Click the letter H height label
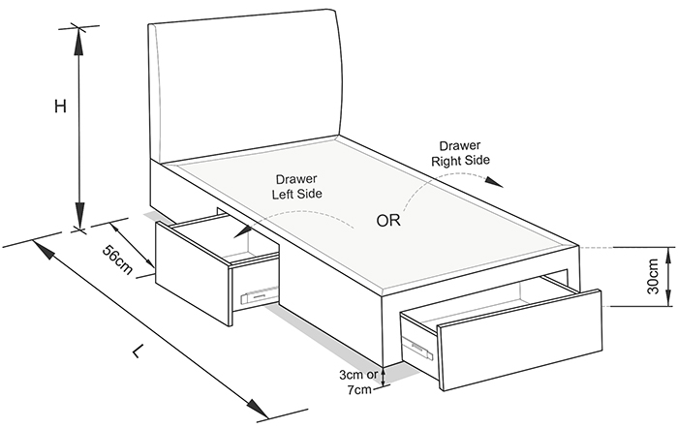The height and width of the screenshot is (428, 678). pos(60,106)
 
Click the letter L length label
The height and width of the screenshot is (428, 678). pos(138,352)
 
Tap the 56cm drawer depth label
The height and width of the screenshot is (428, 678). pos(117,260)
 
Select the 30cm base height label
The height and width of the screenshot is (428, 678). pos(653,276)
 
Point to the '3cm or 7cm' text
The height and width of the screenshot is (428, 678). pos(359,382)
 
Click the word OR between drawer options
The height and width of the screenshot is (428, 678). pos(388,221)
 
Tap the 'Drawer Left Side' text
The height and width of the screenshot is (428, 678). pos(297,186)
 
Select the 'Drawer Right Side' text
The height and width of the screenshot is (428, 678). pos(460,153)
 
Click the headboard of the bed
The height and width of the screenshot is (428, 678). pos(245,86)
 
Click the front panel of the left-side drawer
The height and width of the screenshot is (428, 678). pos(192,273)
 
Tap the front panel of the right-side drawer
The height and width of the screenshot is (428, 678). pos(520,340)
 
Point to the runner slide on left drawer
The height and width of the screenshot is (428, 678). pos(259,295)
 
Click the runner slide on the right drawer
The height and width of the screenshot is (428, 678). pos(417,348)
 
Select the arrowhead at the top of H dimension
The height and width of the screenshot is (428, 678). pos(78,42)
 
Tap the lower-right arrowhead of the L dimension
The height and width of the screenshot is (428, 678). pos(258,409)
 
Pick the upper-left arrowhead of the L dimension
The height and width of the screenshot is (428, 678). pos(44,251)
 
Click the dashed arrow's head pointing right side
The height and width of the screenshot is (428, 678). pos(494,182)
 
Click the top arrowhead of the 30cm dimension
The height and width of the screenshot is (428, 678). pos(668,257)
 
